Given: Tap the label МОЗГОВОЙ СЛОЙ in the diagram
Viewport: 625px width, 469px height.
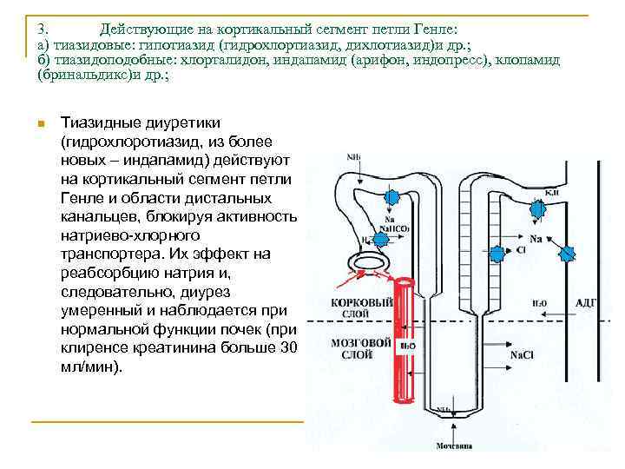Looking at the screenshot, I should (x=355, y=350).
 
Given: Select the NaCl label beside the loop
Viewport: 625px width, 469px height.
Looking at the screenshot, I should (x=522, y=354).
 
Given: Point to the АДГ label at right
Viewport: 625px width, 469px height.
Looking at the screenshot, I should (x=587, y=303).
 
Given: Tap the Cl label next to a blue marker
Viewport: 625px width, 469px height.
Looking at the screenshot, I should (x=522, y=249).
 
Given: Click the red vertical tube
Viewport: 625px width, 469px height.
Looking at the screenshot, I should (x=405, y=347).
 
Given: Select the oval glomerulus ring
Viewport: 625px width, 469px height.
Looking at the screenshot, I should (x=367, y=261).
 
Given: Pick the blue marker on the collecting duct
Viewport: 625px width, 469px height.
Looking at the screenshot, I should (x=569, y=253).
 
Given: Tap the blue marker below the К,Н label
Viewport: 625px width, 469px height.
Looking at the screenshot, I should (x=538, y=208).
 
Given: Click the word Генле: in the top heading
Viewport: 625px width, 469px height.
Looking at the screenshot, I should (x=445, y=29).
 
